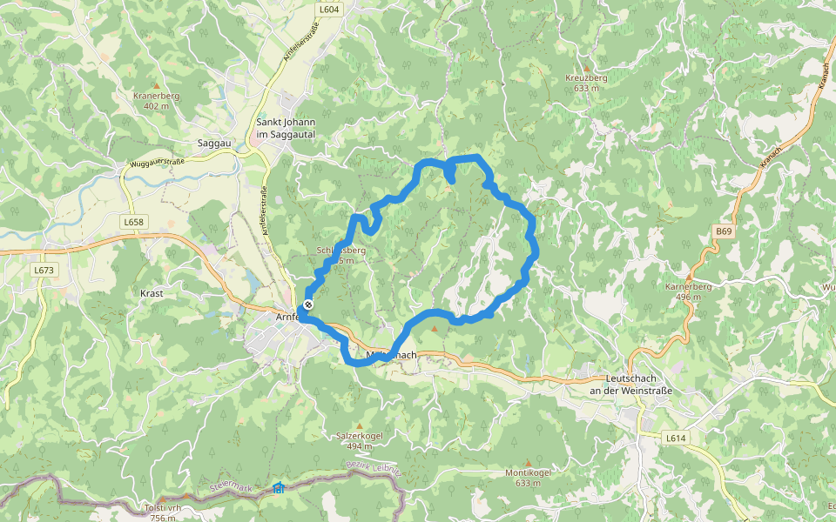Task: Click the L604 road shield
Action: coord(329,10)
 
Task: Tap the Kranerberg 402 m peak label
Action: coord(156,100)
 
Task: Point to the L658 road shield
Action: coord(132,222)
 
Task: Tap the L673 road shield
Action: coord(44,271)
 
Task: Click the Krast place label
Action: coord(152,293)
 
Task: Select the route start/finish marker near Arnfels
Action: coord(307,304)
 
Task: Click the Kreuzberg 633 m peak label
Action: coord(585,82)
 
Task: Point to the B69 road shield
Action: coord(725,231)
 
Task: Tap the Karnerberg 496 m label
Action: coord(688,291)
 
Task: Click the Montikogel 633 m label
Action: coord(528,477)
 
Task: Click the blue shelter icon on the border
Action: coord(278,488)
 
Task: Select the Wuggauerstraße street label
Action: coord(157,163)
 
